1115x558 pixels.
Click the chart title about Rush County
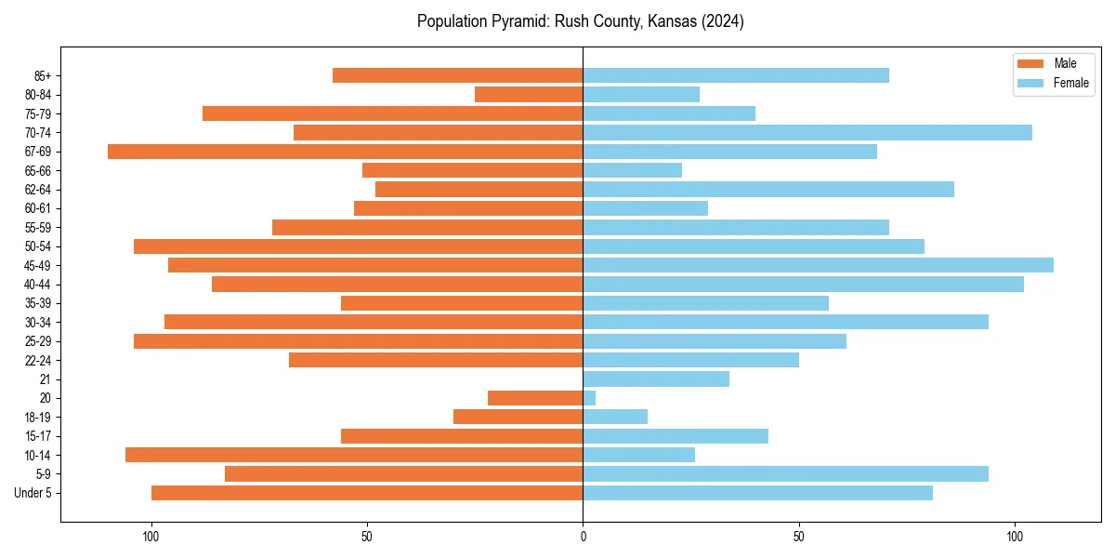tap(580, 21)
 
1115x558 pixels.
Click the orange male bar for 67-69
tap(345, 152)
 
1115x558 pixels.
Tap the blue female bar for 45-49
tap(818, 265)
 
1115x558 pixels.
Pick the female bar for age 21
tap(656, 379)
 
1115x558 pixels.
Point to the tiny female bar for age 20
tap(589, 398)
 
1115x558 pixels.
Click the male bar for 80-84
tap(529, 94)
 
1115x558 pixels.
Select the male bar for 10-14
tap(354, 455)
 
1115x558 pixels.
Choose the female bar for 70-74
tap(807, 132)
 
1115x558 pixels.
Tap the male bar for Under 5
tap(367, 493)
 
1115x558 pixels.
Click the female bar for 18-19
tap(615, 417)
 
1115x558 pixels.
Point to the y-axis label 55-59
tap(38, 227)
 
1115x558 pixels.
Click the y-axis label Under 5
tap(33, 493)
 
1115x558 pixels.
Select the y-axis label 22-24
tap(38, 360)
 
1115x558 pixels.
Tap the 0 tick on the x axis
tap(583, 537)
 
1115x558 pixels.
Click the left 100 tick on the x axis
tap(151, 537)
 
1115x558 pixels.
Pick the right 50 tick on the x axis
tap(798, 537)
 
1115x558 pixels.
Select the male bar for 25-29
tap(358, 341)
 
